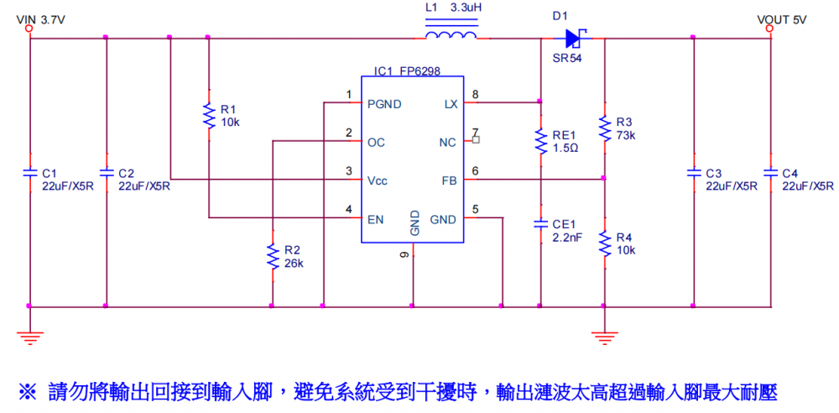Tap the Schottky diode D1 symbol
tap(576, 37)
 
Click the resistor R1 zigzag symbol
tap(209, 116)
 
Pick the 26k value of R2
tap(294, 264)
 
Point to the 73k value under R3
tap(626, 135)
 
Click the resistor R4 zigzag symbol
tap(604, 243)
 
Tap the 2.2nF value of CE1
tap(568, 238)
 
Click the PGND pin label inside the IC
tap(384, 104)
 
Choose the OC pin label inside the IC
tap(376, 143)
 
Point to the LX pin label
tap(450, 104)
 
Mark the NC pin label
tap(448, 143)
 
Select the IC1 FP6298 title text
tap(407, 72)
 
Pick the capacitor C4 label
tap(790, 173)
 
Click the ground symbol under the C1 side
tap(30, 337)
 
